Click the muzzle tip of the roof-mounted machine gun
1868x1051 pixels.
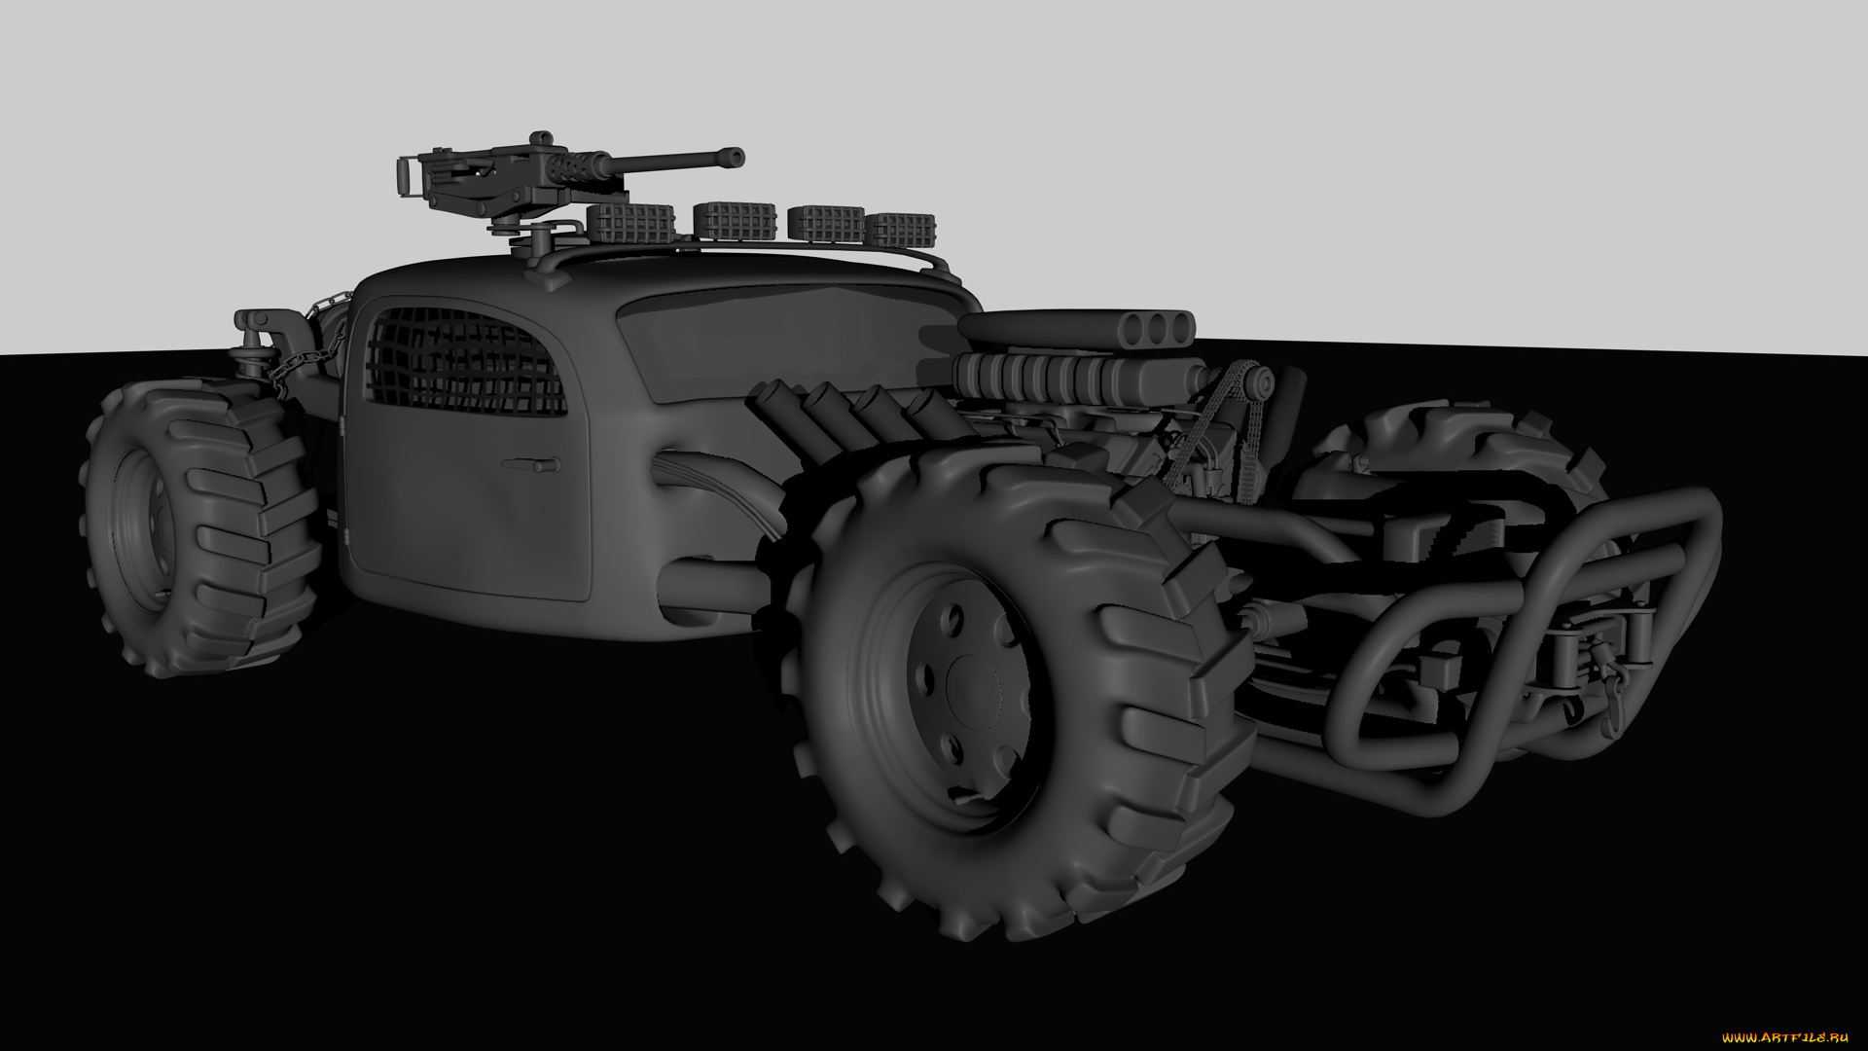pyautogui.click(x=736, y=157)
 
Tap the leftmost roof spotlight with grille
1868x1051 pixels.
pyautogui.click(x=630, y=224)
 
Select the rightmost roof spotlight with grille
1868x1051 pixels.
pyautogui.click(x=900, y=230)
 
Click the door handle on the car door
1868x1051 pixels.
pyautogui.click(x=530, y=464)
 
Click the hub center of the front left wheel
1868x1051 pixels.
pyautogui.click(x=972, y=680)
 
